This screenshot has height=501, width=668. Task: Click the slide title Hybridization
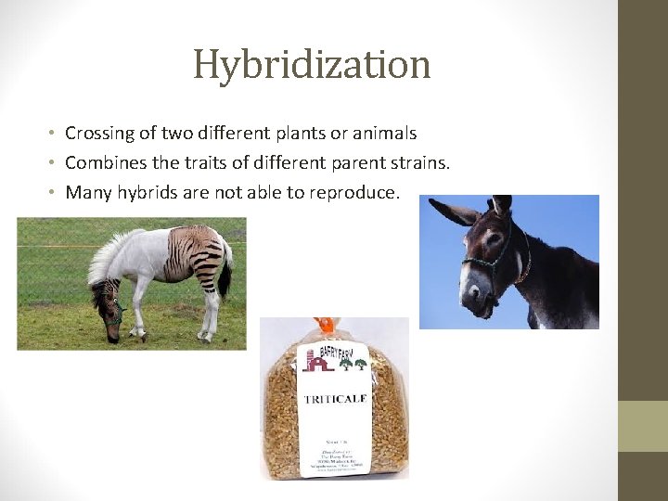point(312,65)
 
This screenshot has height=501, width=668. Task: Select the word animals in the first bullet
point(383,134)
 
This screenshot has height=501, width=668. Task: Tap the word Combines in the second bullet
point(103,163)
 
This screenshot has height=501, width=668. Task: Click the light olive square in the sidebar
point(643,426)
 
